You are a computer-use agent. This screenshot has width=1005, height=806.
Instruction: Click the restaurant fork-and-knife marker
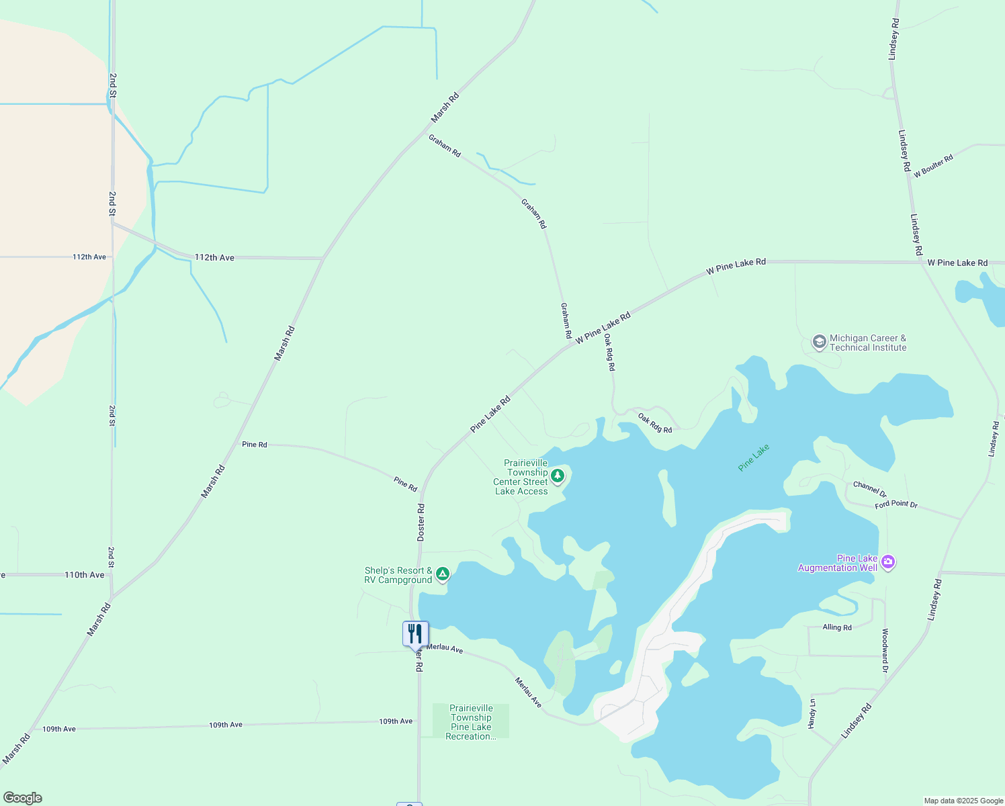point(415,633)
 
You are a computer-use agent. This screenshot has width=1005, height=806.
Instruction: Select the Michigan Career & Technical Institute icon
point(819,343)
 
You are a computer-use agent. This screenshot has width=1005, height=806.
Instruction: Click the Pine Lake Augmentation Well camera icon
point(888,562)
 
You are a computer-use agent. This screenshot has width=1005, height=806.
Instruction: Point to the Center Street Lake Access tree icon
point(557,476)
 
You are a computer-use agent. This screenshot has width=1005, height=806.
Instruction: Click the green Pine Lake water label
point(753,457)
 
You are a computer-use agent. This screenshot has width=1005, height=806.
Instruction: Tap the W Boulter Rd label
point(933,166)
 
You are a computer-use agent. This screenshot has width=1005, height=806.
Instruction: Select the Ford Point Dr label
point(896,504)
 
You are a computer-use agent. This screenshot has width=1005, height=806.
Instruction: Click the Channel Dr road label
point(869,488)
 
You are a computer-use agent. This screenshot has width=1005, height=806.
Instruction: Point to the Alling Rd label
point(837,627)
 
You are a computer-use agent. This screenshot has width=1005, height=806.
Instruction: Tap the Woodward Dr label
point(885,650)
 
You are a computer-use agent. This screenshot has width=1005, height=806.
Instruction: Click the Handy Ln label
point(812,713)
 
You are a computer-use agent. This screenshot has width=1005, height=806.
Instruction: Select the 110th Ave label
point(85,575)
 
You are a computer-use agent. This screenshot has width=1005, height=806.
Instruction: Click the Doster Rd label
point(421,523)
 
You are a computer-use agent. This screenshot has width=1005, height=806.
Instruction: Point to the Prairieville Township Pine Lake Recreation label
point(471,722)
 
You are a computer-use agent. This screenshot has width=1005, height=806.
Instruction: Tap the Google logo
point(23,798)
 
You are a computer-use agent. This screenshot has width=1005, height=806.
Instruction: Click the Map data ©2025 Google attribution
point(963,801)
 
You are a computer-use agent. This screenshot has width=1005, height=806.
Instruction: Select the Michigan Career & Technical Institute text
point(868,343)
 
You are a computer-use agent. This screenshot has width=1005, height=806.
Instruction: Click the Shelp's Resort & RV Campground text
point(398,575)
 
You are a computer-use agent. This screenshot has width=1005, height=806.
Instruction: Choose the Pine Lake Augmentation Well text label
point(838,563)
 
